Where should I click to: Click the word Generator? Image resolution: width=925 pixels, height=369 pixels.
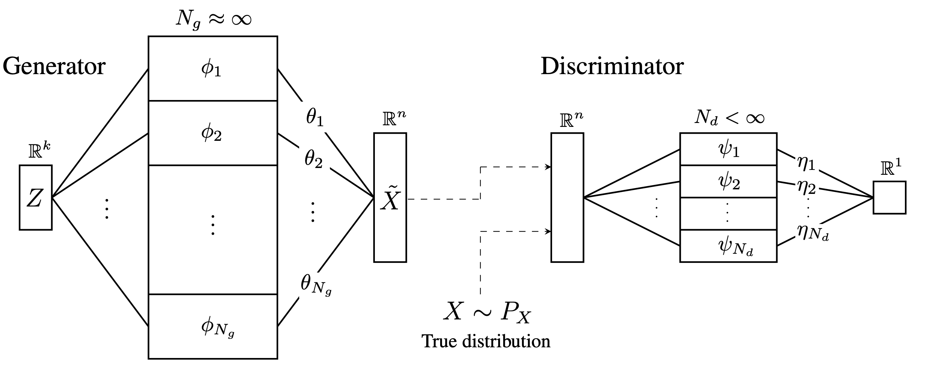(54, 66)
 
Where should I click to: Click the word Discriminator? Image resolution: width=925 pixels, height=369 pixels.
(612, 66)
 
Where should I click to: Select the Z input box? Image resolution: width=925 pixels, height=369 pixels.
(36, 198)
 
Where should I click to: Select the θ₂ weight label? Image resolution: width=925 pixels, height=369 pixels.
(313, 159)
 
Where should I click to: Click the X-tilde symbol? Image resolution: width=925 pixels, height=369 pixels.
(390, 199)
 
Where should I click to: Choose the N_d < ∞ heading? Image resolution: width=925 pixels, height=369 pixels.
(729, 118)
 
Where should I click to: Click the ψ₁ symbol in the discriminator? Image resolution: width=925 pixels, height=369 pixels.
(729, 149)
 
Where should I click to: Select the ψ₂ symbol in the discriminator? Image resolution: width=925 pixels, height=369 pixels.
(729, 182)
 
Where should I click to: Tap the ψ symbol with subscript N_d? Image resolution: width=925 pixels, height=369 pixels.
(735, 247)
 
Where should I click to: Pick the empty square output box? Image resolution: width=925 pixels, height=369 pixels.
(889, 198)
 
